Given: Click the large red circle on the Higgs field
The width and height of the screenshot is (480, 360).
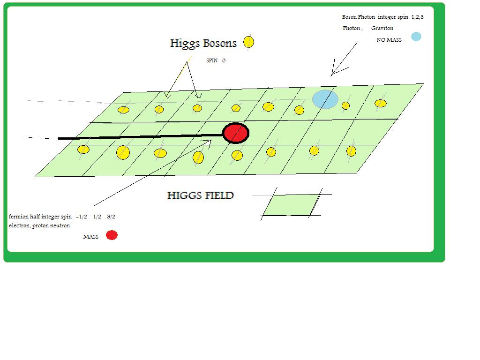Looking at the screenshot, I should click(235, 133).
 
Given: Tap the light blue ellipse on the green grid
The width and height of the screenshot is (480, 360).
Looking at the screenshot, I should click(325, 99).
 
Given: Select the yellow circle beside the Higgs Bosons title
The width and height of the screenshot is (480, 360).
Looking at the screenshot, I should click(249, 42).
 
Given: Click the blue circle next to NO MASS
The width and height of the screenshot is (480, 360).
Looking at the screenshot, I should click(416, 37).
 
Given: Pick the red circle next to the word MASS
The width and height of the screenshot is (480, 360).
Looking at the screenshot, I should click(112, 235).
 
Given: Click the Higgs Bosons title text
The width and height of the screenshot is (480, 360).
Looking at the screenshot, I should click(203, 44).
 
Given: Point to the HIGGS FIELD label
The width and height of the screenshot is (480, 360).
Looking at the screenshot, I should click(200, 195).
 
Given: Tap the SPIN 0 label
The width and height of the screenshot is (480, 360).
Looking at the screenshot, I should click(216, 60).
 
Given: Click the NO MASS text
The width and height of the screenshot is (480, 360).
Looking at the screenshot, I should click(389, 40).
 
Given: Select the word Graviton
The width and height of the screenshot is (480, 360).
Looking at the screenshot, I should click(382, 28).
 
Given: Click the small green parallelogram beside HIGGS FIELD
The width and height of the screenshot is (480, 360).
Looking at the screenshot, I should click(292, 205).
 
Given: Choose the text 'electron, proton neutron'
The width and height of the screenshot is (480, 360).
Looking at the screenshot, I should click(39, 225).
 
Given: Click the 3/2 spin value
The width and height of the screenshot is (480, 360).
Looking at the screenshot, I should click(111, 217).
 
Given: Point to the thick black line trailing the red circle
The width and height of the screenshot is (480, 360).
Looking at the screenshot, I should click(141, 137).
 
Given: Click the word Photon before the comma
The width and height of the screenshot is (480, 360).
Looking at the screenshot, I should click(351, 28).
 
